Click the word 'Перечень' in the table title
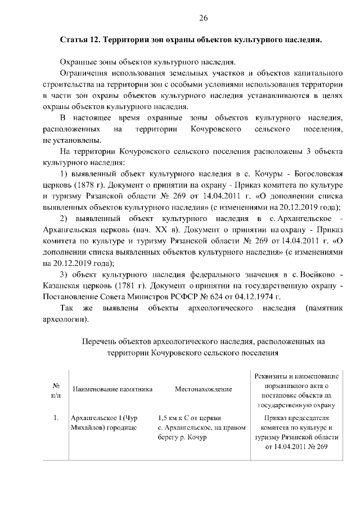(x=101, y=341)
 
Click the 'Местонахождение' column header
(x=203, y=389)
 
